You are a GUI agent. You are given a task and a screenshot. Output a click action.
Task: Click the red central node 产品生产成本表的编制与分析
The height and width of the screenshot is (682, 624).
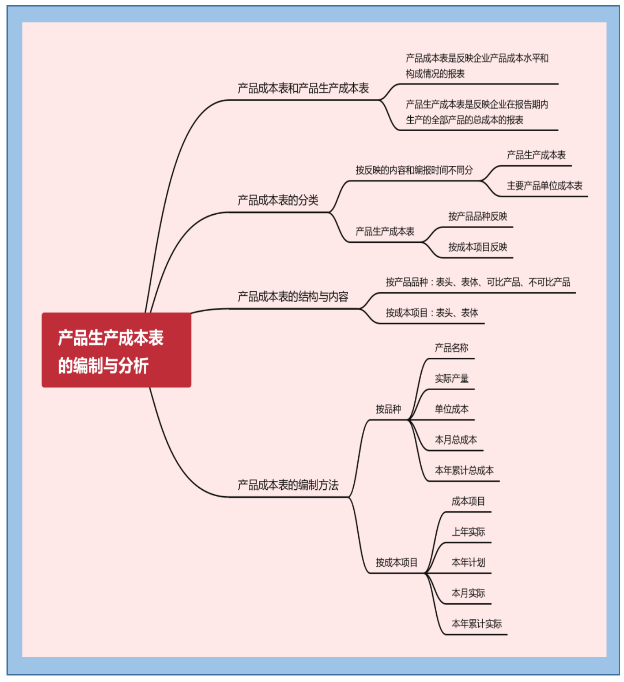(116, 350)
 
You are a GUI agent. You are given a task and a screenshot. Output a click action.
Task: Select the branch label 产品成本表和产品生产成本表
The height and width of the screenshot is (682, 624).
(303, 88)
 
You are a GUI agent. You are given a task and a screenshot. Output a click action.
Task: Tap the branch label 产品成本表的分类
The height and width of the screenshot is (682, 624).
(278, 200)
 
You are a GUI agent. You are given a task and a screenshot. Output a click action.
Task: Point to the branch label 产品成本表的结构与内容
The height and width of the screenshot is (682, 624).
(293, 297)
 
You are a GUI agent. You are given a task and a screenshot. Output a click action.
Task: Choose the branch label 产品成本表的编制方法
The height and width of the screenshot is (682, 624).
(288, 485)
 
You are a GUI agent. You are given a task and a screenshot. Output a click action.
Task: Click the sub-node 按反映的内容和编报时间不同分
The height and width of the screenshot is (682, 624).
(414, 170)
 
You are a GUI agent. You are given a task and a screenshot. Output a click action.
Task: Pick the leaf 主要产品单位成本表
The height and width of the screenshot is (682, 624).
(544, 186)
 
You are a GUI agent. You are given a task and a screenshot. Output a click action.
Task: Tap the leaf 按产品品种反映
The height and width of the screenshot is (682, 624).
(477, 216)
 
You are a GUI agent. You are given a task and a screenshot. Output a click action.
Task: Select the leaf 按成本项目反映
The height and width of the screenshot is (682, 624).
(477, 247)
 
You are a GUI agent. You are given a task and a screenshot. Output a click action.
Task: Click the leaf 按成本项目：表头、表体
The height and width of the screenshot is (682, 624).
(432, 313)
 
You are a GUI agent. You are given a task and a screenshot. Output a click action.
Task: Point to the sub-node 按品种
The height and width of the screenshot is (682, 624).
(388, 409)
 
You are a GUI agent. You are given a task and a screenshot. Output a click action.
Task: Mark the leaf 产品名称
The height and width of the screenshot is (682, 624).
(451, 348)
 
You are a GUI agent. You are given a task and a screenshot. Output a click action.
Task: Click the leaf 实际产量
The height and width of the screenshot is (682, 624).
(451, 378)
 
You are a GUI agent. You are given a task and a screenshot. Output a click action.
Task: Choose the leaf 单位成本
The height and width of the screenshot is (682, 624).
(451, 409)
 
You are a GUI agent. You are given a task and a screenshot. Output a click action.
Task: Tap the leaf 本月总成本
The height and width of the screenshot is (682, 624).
(455, 440)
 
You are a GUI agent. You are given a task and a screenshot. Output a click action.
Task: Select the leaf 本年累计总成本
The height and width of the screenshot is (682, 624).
(464, 471)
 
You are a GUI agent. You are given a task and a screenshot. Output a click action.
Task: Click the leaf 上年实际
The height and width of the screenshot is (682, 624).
(468, 532)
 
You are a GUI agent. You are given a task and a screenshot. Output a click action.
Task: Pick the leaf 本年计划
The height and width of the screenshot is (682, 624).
(468, 563)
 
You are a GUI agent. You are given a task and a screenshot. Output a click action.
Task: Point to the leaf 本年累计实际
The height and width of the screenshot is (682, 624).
(477, 624)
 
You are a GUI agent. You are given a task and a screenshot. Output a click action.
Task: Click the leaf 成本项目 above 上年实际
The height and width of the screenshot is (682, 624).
(468, 501)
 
